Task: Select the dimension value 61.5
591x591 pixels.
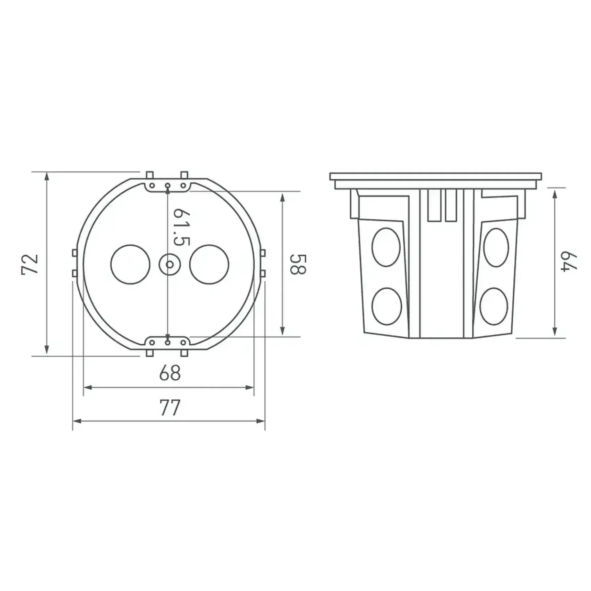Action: click(x=181, y=227)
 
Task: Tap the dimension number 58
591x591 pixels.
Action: click(x=298, y=264)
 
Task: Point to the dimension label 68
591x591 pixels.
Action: click(x=170, y=373)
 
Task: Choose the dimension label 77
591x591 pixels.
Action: click(x=170, y=408)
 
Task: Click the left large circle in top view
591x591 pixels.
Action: click(x=131, y=264)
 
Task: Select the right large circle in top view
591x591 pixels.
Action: click(x=209, y=264)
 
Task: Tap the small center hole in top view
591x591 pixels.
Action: click(x=170, y=264)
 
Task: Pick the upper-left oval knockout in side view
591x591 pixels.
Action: click(x=386, y=247)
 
